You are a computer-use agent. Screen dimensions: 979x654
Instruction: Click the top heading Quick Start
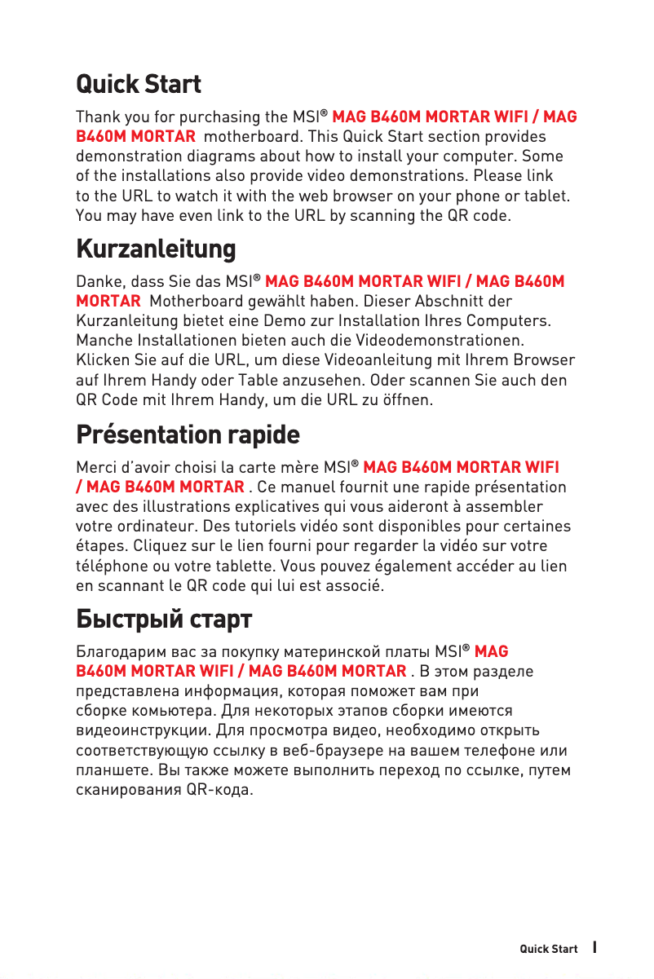point(139,84)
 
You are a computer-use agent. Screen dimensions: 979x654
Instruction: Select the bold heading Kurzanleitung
point(156,248)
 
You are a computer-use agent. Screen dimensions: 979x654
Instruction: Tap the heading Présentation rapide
point(188,434)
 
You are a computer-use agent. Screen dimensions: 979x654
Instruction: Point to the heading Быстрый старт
point(164,620)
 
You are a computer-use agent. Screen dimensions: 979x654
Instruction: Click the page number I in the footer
point(595,947)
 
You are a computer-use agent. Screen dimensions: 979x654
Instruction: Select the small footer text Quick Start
point(549,949)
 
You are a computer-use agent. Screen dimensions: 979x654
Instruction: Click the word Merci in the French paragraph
point(95,468)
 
